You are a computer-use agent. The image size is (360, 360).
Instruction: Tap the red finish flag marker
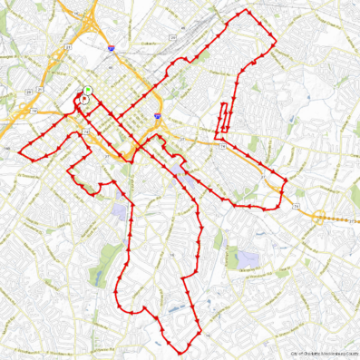(84, 100)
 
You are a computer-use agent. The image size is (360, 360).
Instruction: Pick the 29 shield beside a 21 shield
(29, 92)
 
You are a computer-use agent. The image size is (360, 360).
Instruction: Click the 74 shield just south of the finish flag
(85, 133)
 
